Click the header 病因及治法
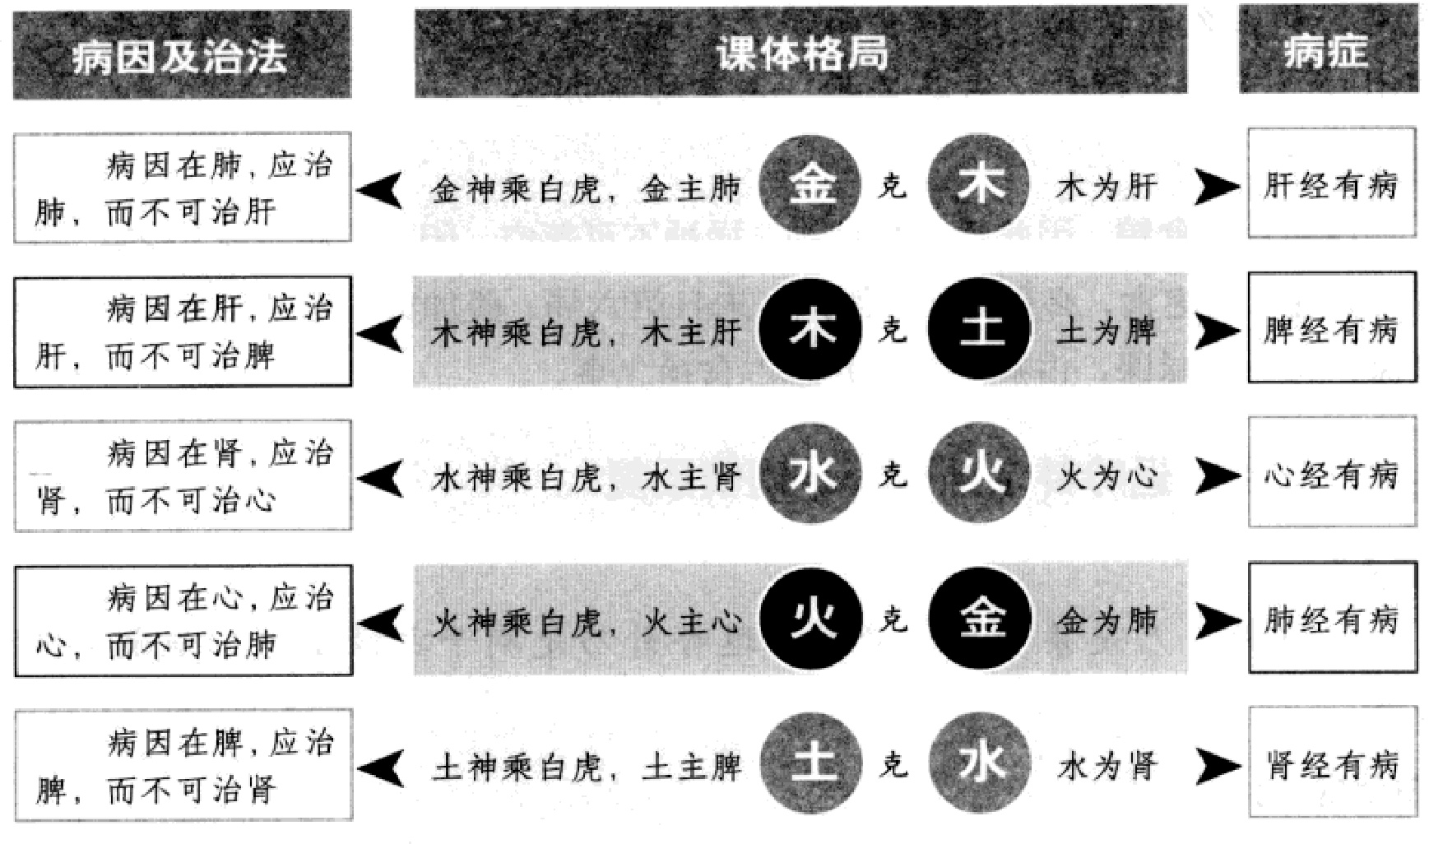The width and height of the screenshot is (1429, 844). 182,55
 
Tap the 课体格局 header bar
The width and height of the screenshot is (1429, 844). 800,52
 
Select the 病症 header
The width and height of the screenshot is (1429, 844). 1328,50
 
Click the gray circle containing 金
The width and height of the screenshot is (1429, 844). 810,186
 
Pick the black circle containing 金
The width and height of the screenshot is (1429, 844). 980,619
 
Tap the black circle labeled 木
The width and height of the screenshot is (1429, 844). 810,330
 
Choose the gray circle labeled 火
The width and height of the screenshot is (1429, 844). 980,475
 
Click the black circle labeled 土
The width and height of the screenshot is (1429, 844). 980,330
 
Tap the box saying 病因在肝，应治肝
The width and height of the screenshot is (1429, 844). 183,332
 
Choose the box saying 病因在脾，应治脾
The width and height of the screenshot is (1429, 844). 183,764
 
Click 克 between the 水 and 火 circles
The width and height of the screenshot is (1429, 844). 893,475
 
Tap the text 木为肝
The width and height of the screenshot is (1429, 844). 1106,188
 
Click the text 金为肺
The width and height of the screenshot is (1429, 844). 1106,621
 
